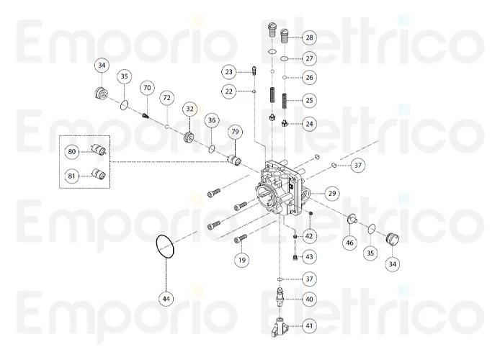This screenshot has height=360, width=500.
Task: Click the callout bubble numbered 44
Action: pos(166,297)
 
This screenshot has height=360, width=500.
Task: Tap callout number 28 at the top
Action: pos(308,37)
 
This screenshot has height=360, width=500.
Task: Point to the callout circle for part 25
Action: pos(308,100)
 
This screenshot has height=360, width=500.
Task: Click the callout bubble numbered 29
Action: pos(331,193)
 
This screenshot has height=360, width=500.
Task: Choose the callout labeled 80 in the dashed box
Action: pos(72,152)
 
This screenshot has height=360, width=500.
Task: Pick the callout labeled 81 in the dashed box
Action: pos(72,174)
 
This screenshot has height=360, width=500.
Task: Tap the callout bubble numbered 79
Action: pos(235,132)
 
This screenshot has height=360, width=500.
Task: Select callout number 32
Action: pos(189,109)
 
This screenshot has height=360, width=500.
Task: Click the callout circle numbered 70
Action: pos(147,89)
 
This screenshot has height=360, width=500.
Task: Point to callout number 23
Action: pos(229,72)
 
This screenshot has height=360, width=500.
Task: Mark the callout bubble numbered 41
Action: pos(309,326)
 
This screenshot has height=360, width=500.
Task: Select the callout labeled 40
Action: pos(309,299)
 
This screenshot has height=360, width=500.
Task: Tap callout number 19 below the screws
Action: pos(242,259)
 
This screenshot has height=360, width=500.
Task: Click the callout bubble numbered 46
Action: pos(349,243)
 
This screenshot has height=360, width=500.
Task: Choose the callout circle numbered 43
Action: pos(309,256)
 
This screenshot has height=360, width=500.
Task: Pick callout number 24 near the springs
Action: pos(309,123)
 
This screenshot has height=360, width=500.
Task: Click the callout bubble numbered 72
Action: pos(167,97)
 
